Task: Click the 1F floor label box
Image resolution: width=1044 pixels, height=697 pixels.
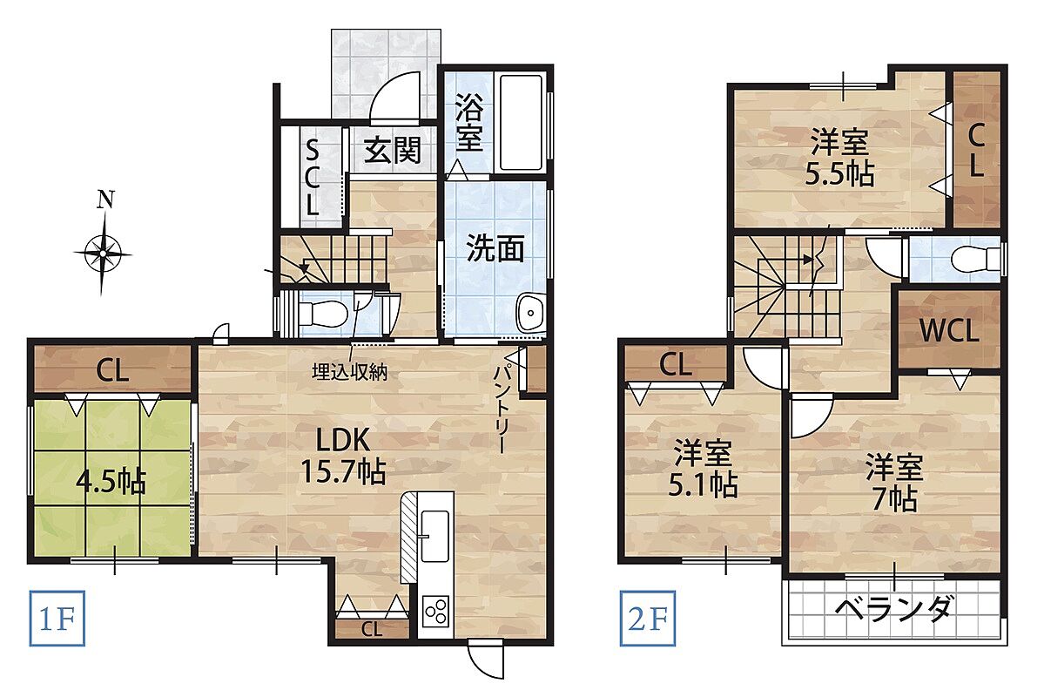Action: (57, 619)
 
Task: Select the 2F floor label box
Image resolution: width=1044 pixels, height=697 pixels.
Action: (648, 619)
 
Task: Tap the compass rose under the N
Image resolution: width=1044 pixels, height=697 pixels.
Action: (103, 254)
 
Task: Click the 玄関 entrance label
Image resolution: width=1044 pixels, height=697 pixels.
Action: (393, 152)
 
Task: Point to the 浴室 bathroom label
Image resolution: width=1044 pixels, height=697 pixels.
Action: (469, 124)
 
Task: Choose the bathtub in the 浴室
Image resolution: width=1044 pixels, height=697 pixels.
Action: (522, 124)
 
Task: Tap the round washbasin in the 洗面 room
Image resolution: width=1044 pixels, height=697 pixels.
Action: (530, 312)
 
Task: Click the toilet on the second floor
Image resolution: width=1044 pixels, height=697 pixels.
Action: (977, 259)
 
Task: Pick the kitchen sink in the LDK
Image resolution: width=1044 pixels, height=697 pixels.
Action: (436, 537)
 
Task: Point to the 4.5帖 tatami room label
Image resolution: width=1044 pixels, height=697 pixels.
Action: (111, 481)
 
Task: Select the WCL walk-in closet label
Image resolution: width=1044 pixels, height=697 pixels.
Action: (949, 331)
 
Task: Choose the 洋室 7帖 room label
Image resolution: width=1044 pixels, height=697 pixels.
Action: (894, 483)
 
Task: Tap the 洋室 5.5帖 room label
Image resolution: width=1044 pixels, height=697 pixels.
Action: (839, 159)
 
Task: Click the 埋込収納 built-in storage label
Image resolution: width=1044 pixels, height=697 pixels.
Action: (349, 372)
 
